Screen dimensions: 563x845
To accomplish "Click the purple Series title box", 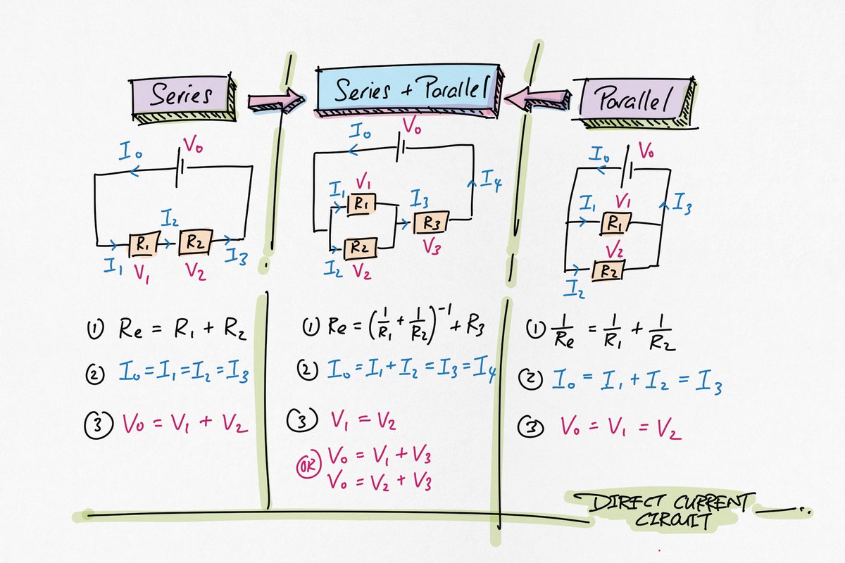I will point(181,95).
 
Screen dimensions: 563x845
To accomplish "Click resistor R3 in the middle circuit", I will point(432,222).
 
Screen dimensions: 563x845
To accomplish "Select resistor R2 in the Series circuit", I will point(194,243).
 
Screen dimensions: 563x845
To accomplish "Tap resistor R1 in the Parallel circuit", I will point(615,224).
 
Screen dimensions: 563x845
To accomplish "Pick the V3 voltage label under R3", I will point(432,248).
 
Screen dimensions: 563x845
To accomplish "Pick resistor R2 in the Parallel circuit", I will point(607,270).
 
